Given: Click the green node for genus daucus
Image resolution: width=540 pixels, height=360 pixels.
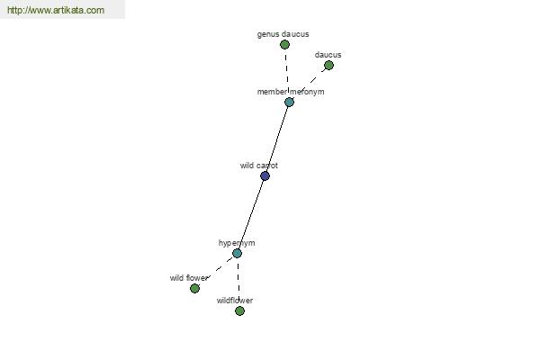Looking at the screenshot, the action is tap(284, 44).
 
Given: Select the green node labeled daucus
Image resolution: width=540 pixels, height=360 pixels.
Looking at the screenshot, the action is tap(328, 65).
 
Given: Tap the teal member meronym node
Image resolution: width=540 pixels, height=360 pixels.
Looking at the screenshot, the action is tap(289, 102).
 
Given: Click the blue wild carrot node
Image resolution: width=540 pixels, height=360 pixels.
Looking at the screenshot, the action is tap(265, 176).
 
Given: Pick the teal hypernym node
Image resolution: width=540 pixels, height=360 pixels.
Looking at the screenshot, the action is tap(237, 253).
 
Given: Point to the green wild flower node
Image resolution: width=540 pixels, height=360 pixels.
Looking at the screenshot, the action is tap(194, 288).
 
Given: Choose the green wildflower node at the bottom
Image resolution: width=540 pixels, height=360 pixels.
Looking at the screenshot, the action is tap(239, 310).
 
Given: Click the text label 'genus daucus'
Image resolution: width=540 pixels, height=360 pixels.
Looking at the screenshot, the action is tap(283, 34).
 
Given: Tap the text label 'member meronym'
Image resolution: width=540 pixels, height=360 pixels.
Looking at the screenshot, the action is tap(291, 92).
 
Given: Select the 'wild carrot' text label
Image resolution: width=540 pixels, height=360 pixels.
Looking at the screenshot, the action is tap(259, 166).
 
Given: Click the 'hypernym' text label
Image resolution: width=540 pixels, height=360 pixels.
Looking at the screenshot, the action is tap(237, 243).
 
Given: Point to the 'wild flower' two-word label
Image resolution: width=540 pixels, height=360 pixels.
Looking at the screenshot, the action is tap(189, 278).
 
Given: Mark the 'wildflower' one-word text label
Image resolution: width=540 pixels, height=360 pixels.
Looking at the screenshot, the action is tap(235, 301).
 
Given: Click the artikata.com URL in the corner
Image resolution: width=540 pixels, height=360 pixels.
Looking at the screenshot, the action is tap(56, 10).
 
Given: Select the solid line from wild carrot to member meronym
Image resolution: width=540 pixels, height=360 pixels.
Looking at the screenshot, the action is tap(277, 139).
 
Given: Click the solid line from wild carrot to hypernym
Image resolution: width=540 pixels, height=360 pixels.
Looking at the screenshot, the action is tap(251, 214).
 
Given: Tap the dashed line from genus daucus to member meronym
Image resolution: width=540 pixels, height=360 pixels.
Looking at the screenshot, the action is tap(287, 73).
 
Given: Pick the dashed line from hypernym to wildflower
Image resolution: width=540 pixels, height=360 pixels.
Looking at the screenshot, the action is tap(238, 282).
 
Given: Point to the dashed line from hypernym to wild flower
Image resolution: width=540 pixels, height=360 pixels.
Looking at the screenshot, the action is tap(216, 270).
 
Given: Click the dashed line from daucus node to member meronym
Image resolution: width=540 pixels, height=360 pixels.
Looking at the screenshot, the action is tap(310, 84).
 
